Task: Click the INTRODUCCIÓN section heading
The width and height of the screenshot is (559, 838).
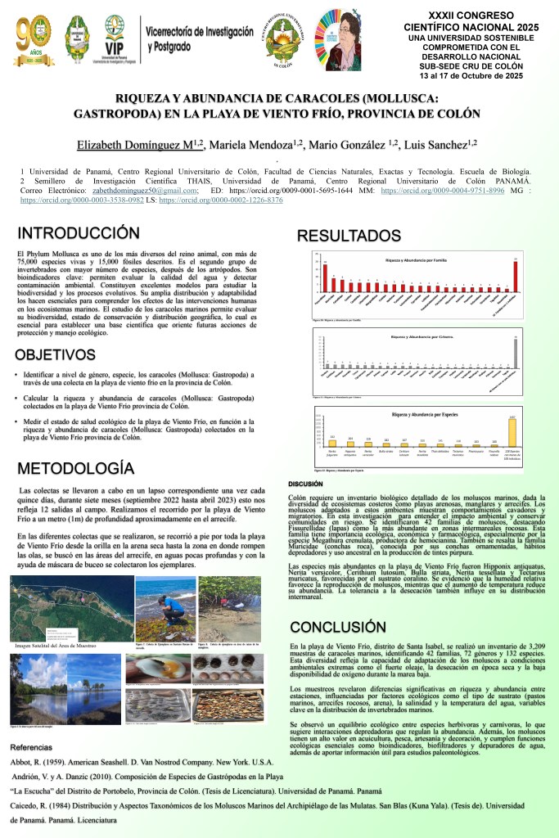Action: (x=79, y=234)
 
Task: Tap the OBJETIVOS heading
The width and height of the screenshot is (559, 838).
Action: (x=66, y=354)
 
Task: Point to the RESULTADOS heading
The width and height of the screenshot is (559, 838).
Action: (x=349, y=236)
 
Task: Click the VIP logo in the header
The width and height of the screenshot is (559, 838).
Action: (x=113, y=37)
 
